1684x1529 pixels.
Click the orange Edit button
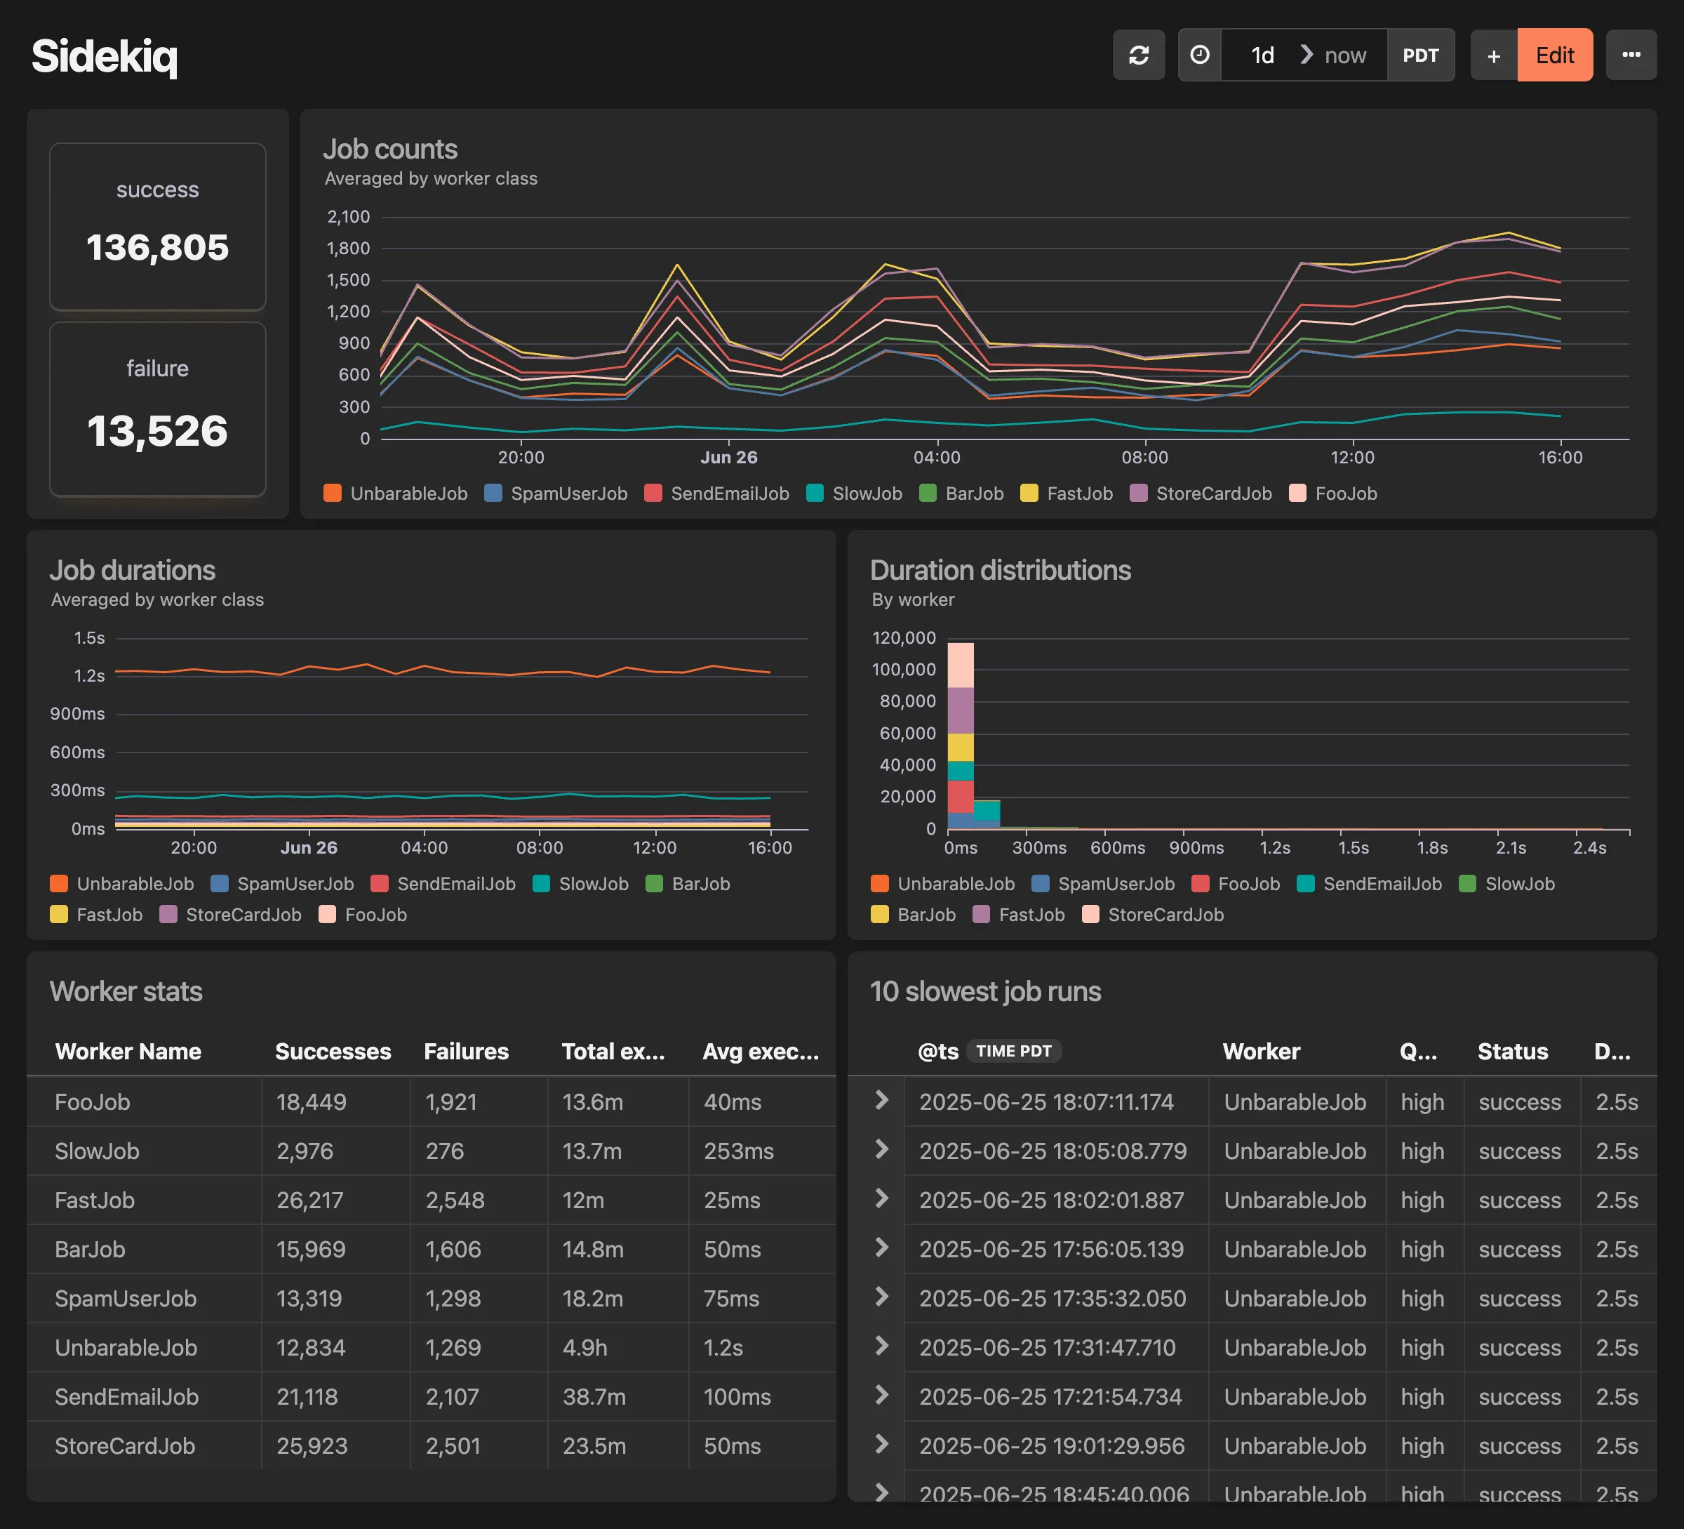[x=1553, y=55]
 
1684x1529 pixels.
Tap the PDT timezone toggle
[x=1420, y=55]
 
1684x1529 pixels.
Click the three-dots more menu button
[x=1631, y=55]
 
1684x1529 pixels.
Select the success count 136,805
[x=157, y=247]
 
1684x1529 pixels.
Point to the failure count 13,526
[x=157, y=431]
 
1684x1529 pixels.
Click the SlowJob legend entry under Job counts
[x=855, y=493]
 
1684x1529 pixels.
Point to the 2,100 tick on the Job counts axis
[x=348, y=217]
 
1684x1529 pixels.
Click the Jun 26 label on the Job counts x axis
[x=728, y=457]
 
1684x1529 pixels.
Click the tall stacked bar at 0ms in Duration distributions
[x=960, y=735]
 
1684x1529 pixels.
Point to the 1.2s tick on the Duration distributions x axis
[x=1275, y=847]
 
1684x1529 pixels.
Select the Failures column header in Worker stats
[x=466, y=1051]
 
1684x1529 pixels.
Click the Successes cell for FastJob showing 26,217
[x=310, y=1200]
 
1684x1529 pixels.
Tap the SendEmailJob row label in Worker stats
[x=127, y=1396]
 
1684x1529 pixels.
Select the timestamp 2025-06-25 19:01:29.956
[x=1052, y=1445]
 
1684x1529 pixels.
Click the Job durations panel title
[x=132, y=570]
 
